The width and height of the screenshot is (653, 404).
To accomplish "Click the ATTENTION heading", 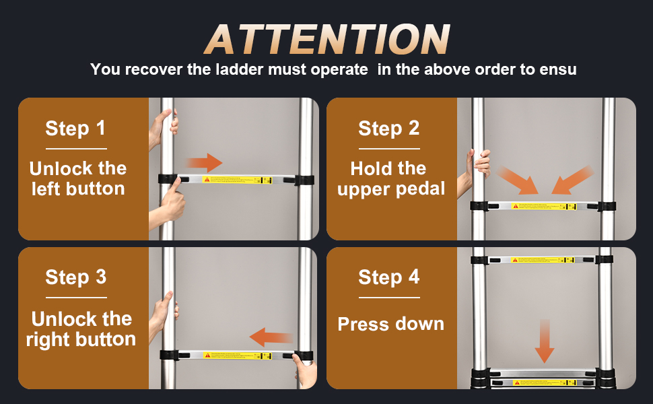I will pos(327,39).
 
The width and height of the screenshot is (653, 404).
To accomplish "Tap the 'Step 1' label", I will pos(75,128).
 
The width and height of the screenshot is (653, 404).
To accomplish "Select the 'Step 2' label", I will pos(388,128).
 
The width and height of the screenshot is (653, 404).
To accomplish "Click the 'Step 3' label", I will pos(75,277).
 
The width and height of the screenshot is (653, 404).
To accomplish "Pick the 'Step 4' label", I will pos(388,277).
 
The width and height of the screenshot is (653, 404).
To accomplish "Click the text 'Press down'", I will pos(390,324).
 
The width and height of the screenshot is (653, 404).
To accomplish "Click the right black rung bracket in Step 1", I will pos(304,180).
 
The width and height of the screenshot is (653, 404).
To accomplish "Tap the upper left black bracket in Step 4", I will pos(479,259).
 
